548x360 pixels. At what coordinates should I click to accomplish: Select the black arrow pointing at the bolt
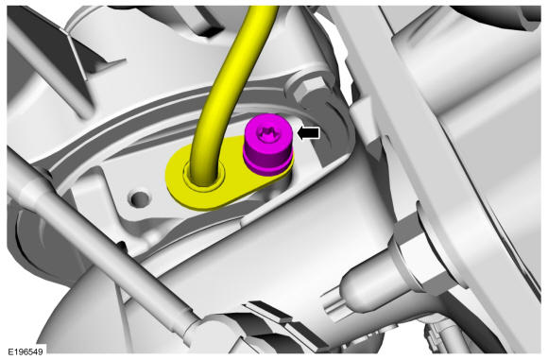308,133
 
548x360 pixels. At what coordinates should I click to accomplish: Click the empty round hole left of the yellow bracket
141,198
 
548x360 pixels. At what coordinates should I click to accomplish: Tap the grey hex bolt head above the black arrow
309,89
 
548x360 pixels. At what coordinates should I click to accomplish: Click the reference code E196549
26,351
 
